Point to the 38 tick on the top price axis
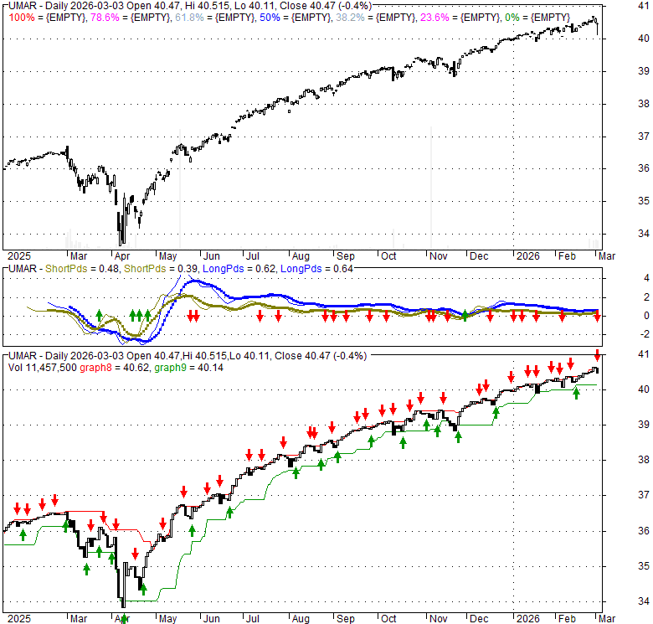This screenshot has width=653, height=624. [620, 104]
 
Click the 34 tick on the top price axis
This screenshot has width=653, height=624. [620, 234]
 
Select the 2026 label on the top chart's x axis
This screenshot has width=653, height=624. [527, 255]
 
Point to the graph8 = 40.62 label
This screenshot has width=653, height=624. [110, 366]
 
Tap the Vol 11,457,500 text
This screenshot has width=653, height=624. [39, 366]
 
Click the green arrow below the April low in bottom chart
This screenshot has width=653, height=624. [123, 618]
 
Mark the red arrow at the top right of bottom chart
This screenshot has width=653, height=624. [597, 354]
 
